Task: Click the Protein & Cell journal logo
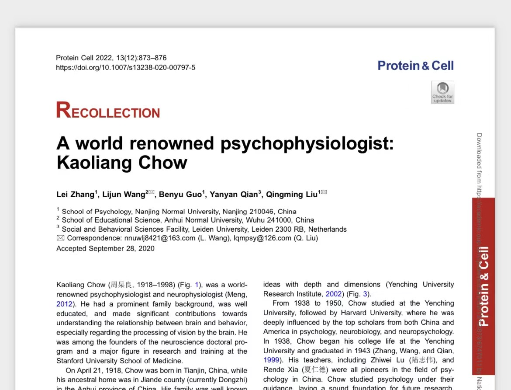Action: point(415,66)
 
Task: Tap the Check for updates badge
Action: point(442,92)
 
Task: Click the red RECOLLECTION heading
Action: point(108,111)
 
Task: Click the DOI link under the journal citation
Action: point(126,68)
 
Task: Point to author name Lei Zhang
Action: point(75,195)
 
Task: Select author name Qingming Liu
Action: point(292,195)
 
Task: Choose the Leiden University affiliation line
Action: point(204,229)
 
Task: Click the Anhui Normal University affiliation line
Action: point(188,220)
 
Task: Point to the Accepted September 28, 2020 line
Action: point(105,249)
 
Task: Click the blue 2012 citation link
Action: point(65,304)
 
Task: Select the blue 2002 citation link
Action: point(334,294)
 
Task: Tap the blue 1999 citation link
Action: point(271,360)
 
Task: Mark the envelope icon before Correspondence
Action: point(60,238)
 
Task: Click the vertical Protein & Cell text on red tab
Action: point(483,286)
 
